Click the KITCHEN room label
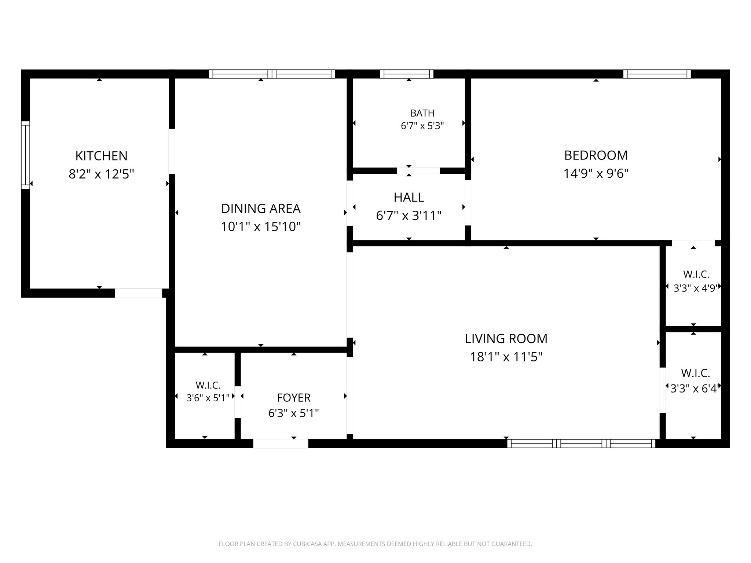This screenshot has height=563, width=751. pos(101,156)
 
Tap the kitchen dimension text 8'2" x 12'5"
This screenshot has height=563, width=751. pos(101,174)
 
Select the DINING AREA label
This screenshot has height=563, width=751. pos(261,209)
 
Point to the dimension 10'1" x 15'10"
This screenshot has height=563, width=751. pos(261,227)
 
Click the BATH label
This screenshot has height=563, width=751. pos(422,113)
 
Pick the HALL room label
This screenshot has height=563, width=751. pos(409,198)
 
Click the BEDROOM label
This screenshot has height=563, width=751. pos(596,155)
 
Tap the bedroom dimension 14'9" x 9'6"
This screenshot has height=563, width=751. pos(596,173)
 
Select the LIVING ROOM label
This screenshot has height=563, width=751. pos(506,339)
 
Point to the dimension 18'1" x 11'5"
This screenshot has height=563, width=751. pos(506,357)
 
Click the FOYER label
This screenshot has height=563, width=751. pos(294,398)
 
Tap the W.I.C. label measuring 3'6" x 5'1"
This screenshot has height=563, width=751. pos(208,385)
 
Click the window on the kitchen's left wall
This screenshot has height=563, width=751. pos(25,155)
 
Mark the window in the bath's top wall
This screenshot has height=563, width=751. pos(407,74)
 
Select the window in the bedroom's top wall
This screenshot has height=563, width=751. pos(657,74)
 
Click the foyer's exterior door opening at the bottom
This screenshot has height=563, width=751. pos(281,444)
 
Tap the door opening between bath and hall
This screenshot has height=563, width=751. pos(418,171)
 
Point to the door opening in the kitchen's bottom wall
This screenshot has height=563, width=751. pos(139,293)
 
